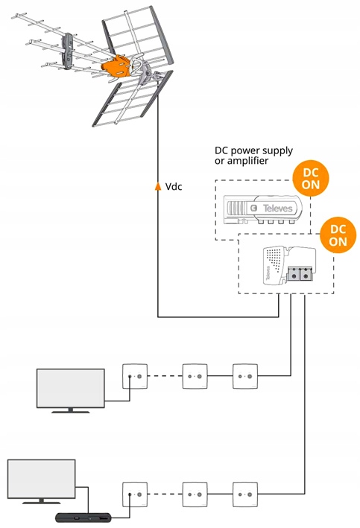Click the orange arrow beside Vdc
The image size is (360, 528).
point(158,186)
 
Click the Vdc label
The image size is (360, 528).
point(174,186)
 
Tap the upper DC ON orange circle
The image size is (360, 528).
point(311,179)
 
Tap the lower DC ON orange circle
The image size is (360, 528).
point(338,235)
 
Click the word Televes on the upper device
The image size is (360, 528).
point(277,208)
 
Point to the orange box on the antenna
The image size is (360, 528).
point(116,65)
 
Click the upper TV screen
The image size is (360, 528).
point(71,388)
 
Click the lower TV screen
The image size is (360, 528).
point(42,479)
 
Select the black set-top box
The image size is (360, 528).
point(83,518)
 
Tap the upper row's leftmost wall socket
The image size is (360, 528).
point(135,376)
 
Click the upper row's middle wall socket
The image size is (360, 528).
point(195,376)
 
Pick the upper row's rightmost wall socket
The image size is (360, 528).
point(245,376)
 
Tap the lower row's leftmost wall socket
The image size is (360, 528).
point(135,494)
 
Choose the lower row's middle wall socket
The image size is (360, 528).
point(195,494)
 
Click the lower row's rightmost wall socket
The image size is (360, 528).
point(245,494)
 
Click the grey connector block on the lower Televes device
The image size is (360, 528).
point(300,274)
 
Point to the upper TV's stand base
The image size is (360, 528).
point(71,412)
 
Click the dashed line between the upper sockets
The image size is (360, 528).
point(165,376)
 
